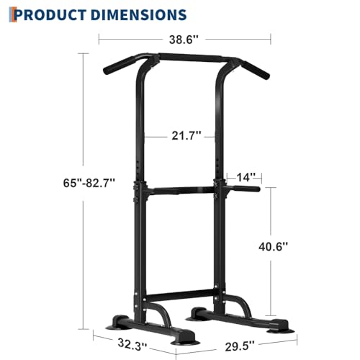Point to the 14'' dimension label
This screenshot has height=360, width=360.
coord(243,176)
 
